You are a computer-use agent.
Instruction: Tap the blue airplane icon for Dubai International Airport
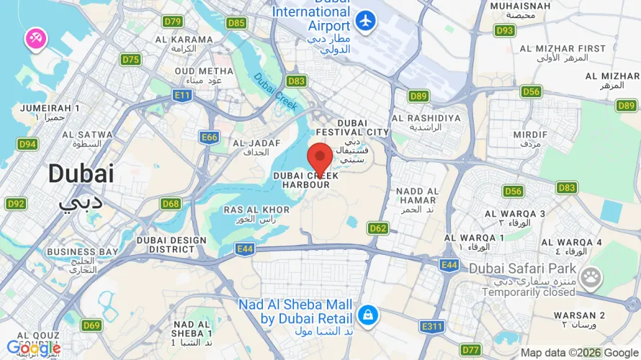click(x=366, y=21)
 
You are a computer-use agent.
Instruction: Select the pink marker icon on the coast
click(x=35, y=39)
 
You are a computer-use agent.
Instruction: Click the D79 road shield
click(x=172, y=22)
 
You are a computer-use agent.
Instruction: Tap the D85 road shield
click(x=236, y=23)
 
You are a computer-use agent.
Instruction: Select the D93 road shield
click(x=505, y=30)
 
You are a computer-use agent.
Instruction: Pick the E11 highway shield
click(x=182, y=95)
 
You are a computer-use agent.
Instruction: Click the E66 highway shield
click(x=210, y=137)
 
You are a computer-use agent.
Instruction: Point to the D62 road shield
click(x=378, y=228)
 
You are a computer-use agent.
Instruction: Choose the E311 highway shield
click(x=434, y=327)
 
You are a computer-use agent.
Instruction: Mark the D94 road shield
click(x=27, y=144)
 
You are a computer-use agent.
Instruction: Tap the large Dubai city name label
click(x=81, y=174)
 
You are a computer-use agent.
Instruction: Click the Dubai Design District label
click(x=171, y=244)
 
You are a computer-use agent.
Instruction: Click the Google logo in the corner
click(x=33, y=348)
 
